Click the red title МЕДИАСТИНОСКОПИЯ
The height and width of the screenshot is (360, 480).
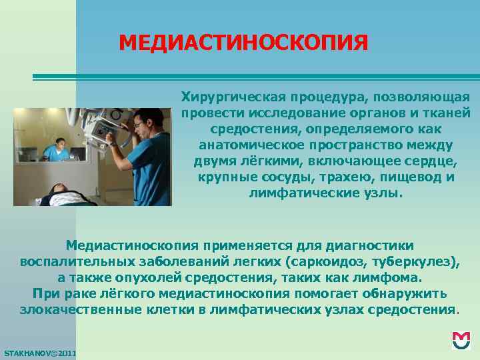click(x=243, y=43)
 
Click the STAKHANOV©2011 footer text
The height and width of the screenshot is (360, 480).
click(x=40, y=352)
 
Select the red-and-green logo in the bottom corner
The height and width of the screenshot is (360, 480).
click(x=461, y=339)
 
